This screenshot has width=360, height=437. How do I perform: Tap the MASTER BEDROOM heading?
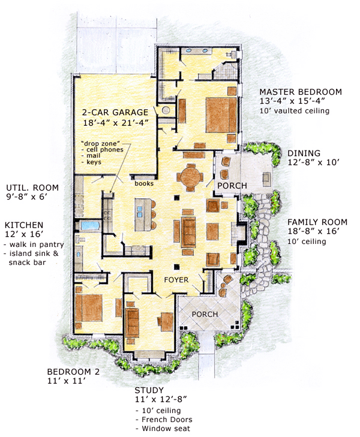301,92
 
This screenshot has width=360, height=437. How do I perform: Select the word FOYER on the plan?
177,280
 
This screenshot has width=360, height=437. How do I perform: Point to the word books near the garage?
143,185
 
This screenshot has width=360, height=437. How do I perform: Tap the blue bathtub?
90,226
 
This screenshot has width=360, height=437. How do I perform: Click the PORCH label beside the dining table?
232,186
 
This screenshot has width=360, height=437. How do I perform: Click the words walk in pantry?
36,245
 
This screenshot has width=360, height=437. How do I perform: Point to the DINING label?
304,153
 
